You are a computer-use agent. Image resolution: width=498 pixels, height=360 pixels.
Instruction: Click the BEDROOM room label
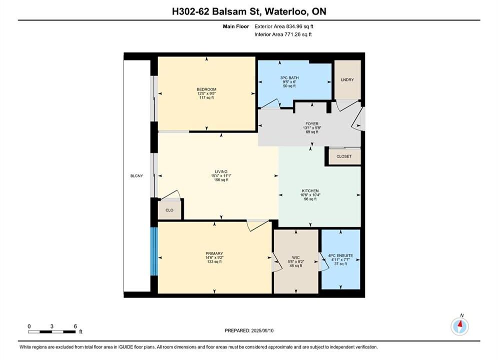click(206, 89)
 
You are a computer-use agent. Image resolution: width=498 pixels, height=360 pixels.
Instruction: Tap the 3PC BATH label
click(289, 77)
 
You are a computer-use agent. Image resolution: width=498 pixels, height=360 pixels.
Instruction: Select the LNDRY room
click(347, 79)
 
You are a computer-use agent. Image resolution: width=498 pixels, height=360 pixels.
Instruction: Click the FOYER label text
click(312, 123)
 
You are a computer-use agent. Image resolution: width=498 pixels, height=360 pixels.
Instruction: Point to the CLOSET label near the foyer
click(344, 156)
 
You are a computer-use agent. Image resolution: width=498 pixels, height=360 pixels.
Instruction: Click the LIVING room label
click(221, 171)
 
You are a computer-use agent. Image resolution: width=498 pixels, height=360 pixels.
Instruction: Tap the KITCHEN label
click(310, 191)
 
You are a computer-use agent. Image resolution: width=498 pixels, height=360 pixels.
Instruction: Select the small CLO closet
click(170, 210)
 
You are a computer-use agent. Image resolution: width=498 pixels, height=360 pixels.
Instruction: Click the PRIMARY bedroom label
click(214, 253)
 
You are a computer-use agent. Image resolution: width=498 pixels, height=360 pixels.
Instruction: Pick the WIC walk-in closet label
click(296, 257)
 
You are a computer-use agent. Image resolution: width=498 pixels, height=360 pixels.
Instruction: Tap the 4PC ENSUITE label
click(340, 255)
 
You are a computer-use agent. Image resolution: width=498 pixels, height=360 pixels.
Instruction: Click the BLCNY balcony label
click(137, 175)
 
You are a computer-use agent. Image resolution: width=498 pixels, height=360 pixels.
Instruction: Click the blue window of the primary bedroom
click(154, 251)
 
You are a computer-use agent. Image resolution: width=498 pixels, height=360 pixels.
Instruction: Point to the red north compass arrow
click(459, 324)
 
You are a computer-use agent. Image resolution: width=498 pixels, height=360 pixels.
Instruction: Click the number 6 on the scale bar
click(75, 326)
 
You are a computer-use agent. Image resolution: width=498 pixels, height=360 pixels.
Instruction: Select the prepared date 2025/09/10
click(262, 330)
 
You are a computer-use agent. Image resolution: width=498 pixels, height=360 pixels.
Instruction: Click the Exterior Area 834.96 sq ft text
click(284, 26)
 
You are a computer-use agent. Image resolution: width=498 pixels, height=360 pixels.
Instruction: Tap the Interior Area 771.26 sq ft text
click(283, 34)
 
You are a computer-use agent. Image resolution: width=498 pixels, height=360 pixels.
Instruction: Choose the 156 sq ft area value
click(221, 180)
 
